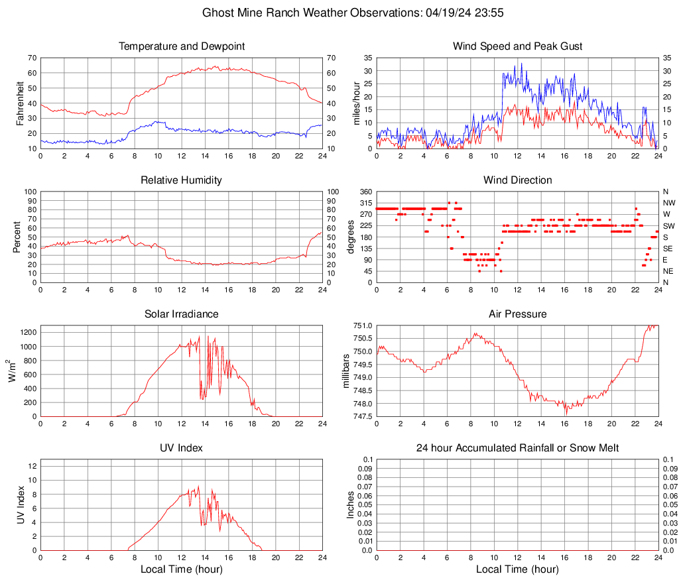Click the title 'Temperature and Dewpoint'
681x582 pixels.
[181, 46]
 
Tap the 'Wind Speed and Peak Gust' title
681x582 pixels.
[517, 46]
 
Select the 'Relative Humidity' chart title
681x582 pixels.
[181, 180]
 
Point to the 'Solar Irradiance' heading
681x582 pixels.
[181, 314]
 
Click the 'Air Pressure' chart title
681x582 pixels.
[517, 314]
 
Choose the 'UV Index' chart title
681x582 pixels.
[181, 448]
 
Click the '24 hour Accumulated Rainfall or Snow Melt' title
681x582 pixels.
[517, 448]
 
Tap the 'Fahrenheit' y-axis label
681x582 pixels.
[19, 103]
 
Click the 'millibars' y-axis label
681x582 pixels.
[345, 371]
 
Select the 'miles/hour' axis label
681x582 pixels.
[357, 103]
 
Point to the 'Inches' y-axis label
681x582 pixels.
[351, 505]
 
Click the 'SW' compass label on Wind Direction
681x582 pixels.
[668, 225]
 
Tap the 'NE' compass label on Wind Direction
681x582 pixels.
[668, 271]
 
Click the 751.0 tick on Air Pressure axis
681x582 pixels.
[362, 325]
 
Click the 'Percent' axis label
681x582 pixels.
[17, 237]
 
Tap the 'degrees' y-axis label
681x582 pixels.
[351, 237]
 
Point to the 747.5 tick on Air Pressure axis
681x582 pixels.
[362, 416]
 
